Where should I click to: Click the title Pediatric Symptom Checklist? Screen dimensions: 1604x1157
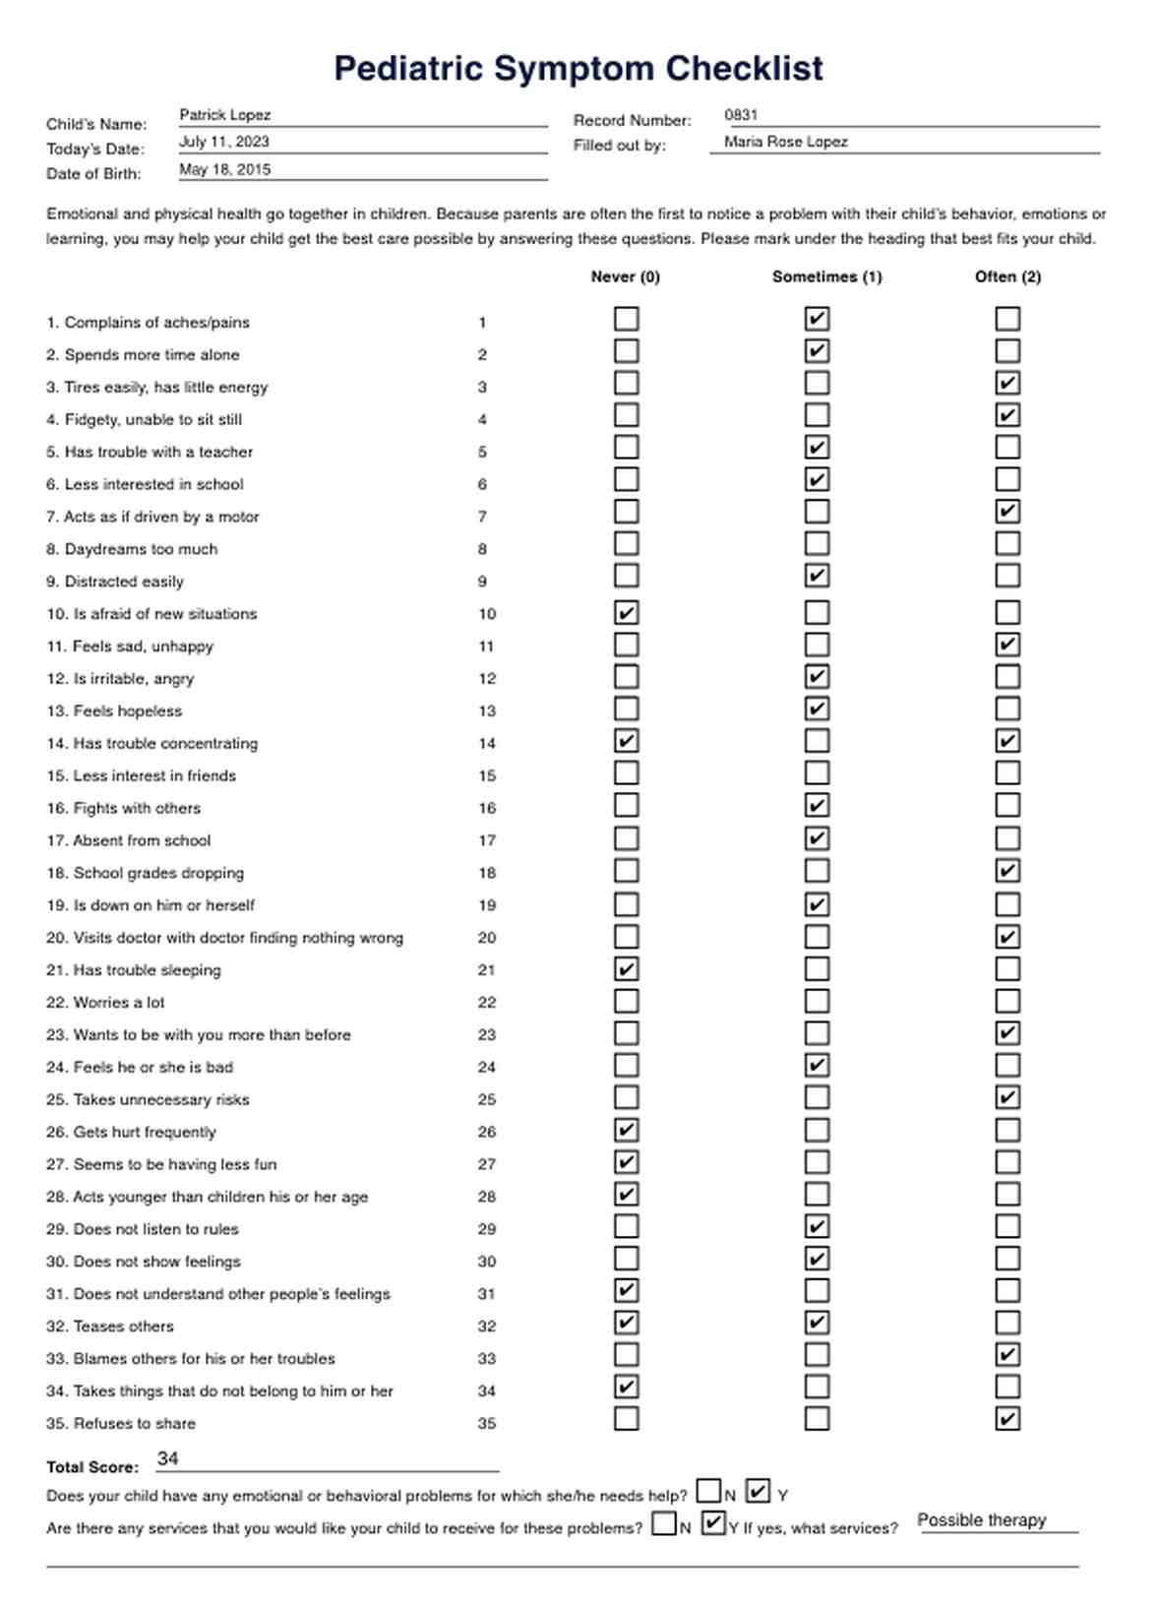(578, 69)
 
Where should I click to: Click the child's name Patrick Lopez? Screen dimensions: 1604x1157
(224, 115)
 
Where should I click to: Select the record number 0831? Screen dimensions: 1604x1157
(741, 115)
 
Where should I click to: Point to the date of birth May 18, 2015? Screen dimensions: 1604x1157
(224, 169)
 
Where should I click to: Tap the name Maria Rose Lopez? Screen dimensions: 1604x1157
(785, 142)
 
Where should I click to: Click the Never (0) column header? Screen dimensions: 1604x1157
(625, 277)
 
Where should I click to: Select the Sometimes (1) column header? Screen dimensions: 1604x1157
(826, 277)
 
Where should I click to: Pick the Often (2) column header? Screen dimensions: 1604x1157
(1007, 277)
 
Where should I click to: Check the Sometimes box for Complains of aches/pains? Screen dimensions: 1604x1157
(817, 319)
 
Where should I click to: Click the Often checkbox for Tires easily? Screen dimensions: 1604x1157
(1006, 383)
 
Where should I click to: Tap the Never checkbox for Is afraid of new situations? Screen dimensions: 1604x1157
(626, 612)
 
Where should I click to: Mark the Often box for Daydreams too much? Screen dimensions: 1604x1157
(1006, 544)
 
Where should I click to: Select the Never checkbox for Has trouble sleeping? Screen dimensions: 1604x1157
(626, 968)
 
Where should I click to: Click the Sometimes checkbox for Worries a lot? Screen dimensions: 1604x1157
(817, 1001)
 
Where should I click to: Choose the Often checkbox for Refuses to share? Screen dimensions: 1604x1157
(1006, 1418)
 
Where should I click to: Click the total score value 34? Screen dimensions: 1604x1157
(168, 1458)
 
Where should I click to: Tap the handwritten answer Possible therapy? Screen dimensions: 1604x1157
(981, 1520)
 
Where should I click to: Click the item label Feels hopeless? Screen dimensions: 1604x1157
(127, 710)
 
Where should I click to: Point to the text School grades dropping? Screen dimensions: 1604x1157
(158, 873)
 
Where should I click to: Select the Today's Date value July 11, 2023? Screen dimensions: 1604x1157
(223, 142)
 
